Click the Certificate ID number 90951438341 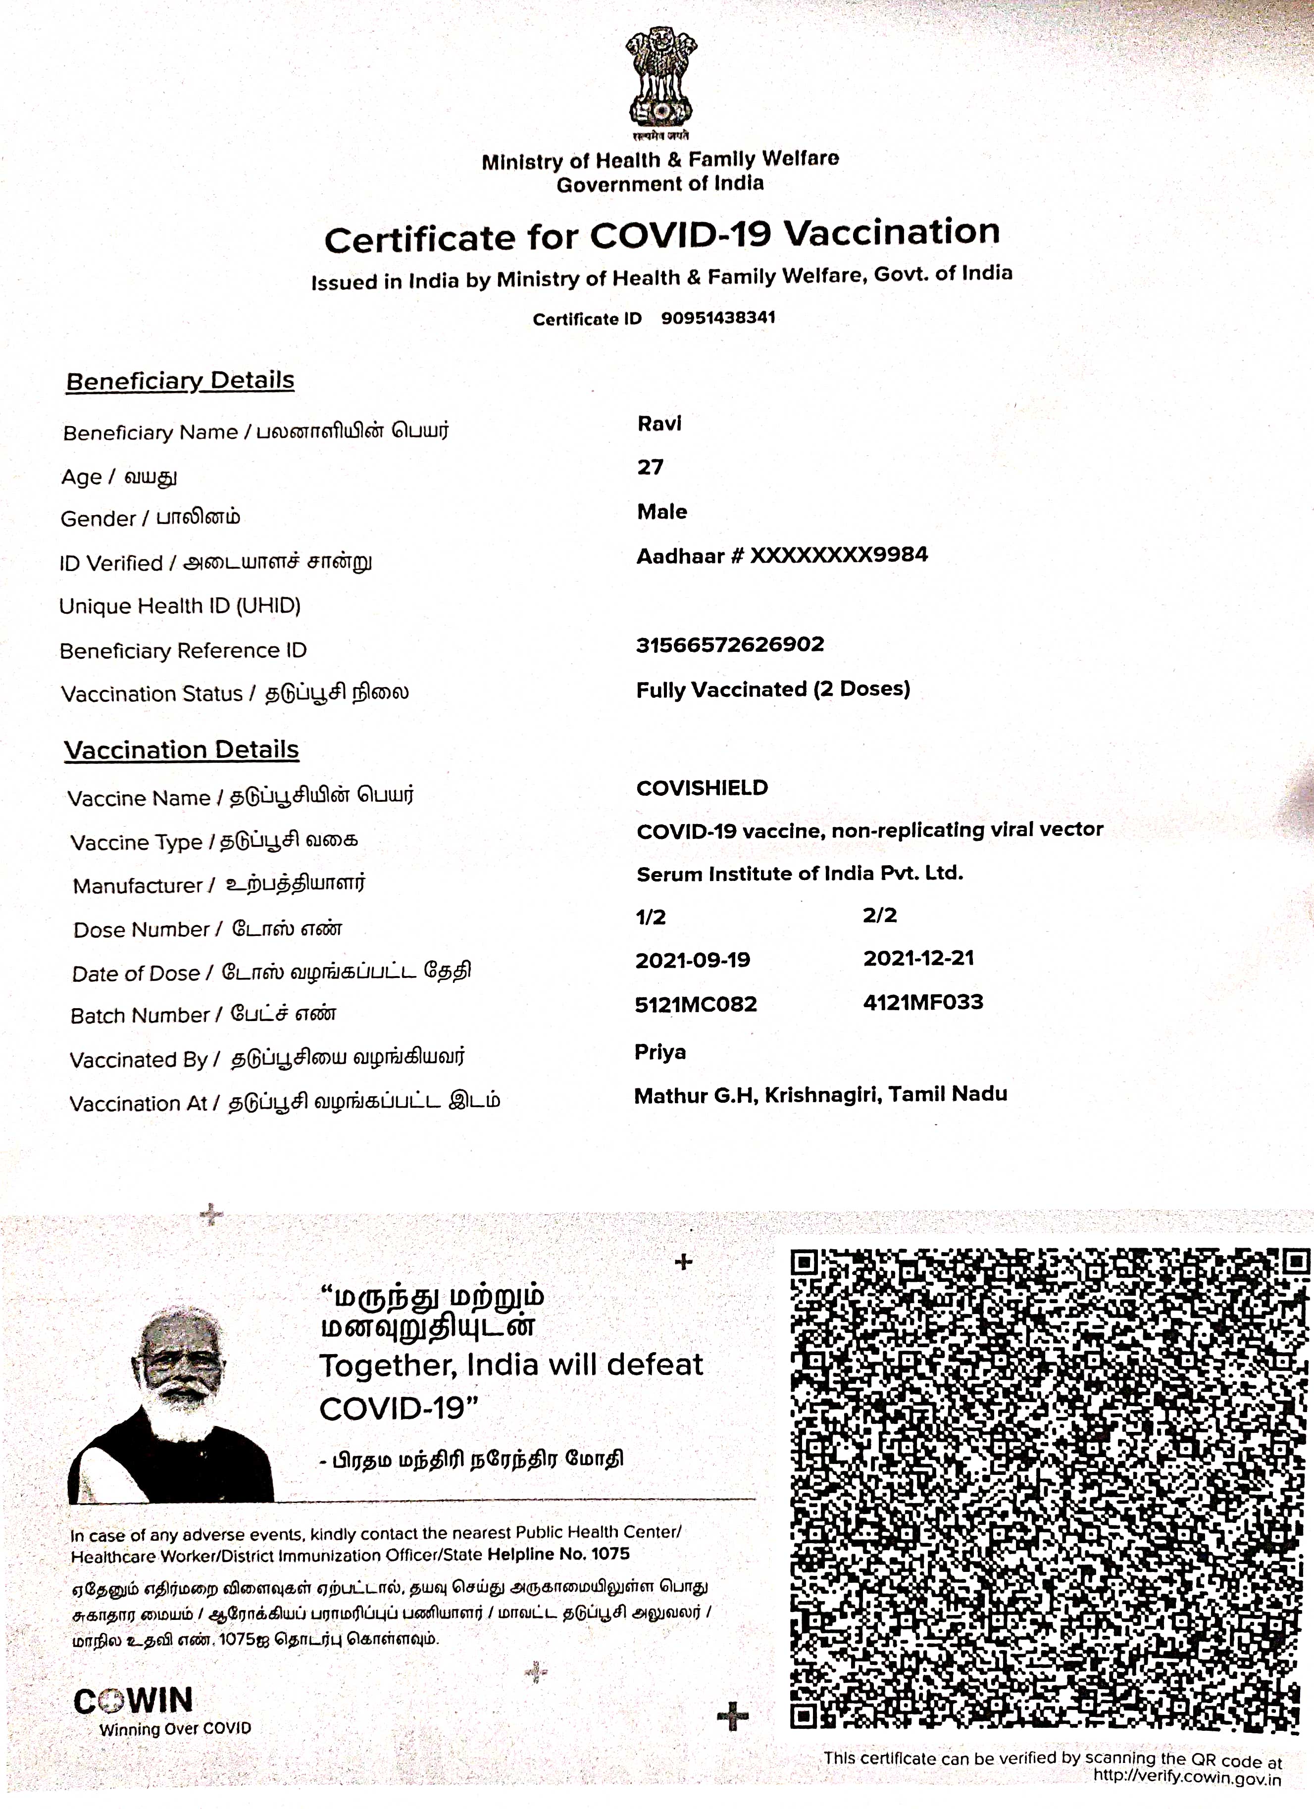(717, 317)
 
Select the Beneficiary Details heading (180, 381)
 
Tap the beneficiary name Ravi (659, 424)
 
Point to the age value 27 (650, 467)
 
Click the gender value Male (661, 511)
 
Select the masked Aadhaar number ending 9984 (782, 555)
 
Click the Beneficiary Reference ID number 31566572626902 (729, 644)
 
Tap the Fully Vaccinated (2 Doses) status (772, 689)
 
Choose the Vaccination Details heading (182, 750)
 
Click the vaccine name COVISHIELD (702, 788)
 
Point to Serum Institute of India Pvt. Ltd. (800, 874)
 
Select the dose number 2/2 (879, 915)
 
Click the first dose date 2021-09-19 (693, 960)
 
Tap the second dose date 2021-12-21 (918, 958)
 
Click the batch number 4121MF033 (923, 1002)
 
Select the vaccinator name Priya (660, 1052)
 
